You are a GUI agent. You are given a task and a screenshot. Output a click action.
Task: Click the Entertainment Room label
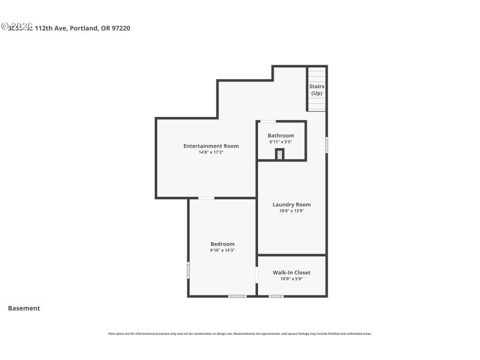click(211, 146)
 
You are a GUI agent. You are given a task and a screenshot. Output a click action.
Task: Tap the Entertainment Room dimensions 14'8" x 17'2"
click(211, 152)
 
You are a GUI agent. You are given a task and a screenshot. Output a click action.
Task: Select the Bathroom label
click(281, 136)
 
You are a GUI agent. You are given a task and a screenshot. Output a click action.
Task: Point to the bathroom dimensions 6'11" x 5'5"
click(281, 142)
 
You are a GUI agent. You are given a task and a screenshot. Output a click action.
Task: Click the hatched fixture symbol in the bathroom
click(280, 154)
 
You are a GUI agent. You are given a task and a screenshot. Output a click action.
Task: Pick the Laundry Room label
click(292, 205)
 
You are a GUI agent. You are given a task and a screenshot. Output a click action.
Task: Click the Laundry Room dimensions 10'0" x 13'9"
click(292, 211)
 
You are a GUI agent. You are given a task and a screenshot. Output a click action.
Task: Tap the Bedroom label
click(222, 244)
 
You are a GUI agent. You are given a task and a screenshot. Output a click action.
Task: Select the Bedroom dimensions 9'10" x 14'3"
click(222, 250)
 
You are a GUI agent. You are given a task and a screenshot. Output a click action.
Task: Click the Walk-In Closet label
click(292, 272)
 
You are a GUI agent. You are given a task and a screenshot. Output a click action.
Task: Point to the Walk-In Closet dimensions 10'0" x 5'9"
click(292, 278)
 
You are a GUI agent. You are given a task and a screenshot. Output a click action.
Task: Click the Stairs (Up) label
click(317, 90)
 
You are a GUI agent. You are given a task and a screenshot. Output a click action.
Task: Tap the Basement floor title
click(24, 308)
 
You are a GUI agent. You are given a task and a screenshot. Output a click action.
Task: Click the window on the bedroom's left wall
click(188, 270)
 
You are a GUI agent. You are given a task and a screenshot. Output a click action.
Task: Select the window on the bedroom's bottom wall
click(238, 296)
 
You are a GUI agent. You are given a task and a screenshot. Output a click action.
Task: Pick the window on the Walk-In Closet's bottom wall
click(276, 296)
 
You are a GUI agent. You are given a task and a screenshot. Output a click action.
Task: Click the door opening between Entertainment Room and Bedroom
click(206, 198)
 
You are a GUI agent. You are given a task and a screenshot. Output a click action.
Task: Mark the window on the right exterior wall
click(326, 145)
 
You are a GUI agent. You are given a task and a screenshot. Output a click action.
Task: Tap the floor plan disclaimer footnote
click(239, 334)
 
